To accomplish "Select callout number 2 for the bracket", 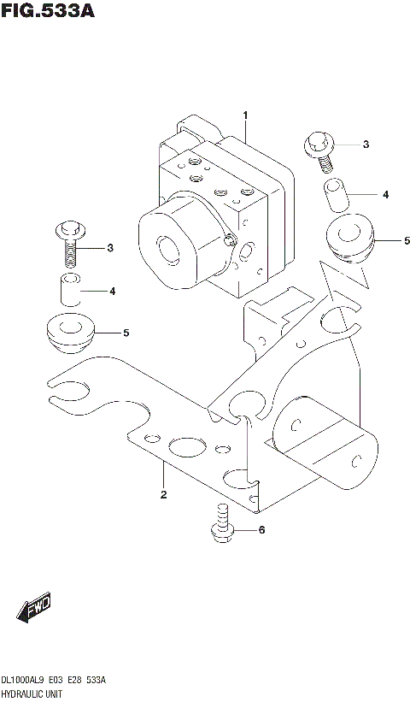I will point(162,495).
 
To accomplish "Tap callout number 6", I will point(261,530).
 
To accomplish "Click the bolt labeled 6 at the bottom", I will point(222,523).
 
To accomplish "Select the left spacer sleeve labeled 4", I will point(69,291).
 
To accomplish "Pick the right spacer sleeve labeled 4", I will point(337,195).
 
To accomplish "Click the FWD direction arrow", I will point(34,609).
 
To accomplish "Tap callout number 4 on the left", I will point(111,292).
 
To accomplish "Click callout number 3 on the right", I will point(366,145).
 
